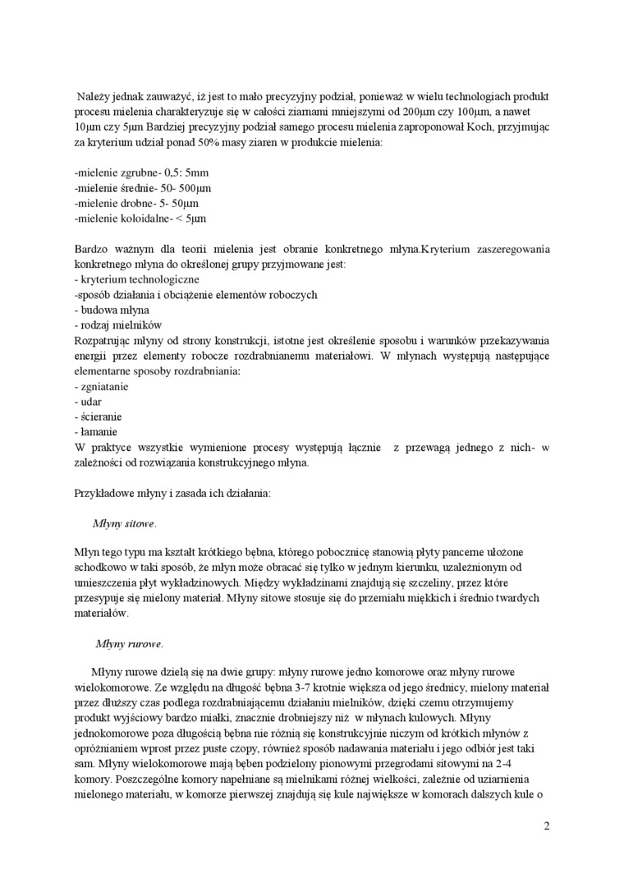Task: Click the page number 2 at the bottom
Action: [546, 826]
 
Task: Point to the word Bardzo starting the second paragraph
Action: [91, 249]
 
